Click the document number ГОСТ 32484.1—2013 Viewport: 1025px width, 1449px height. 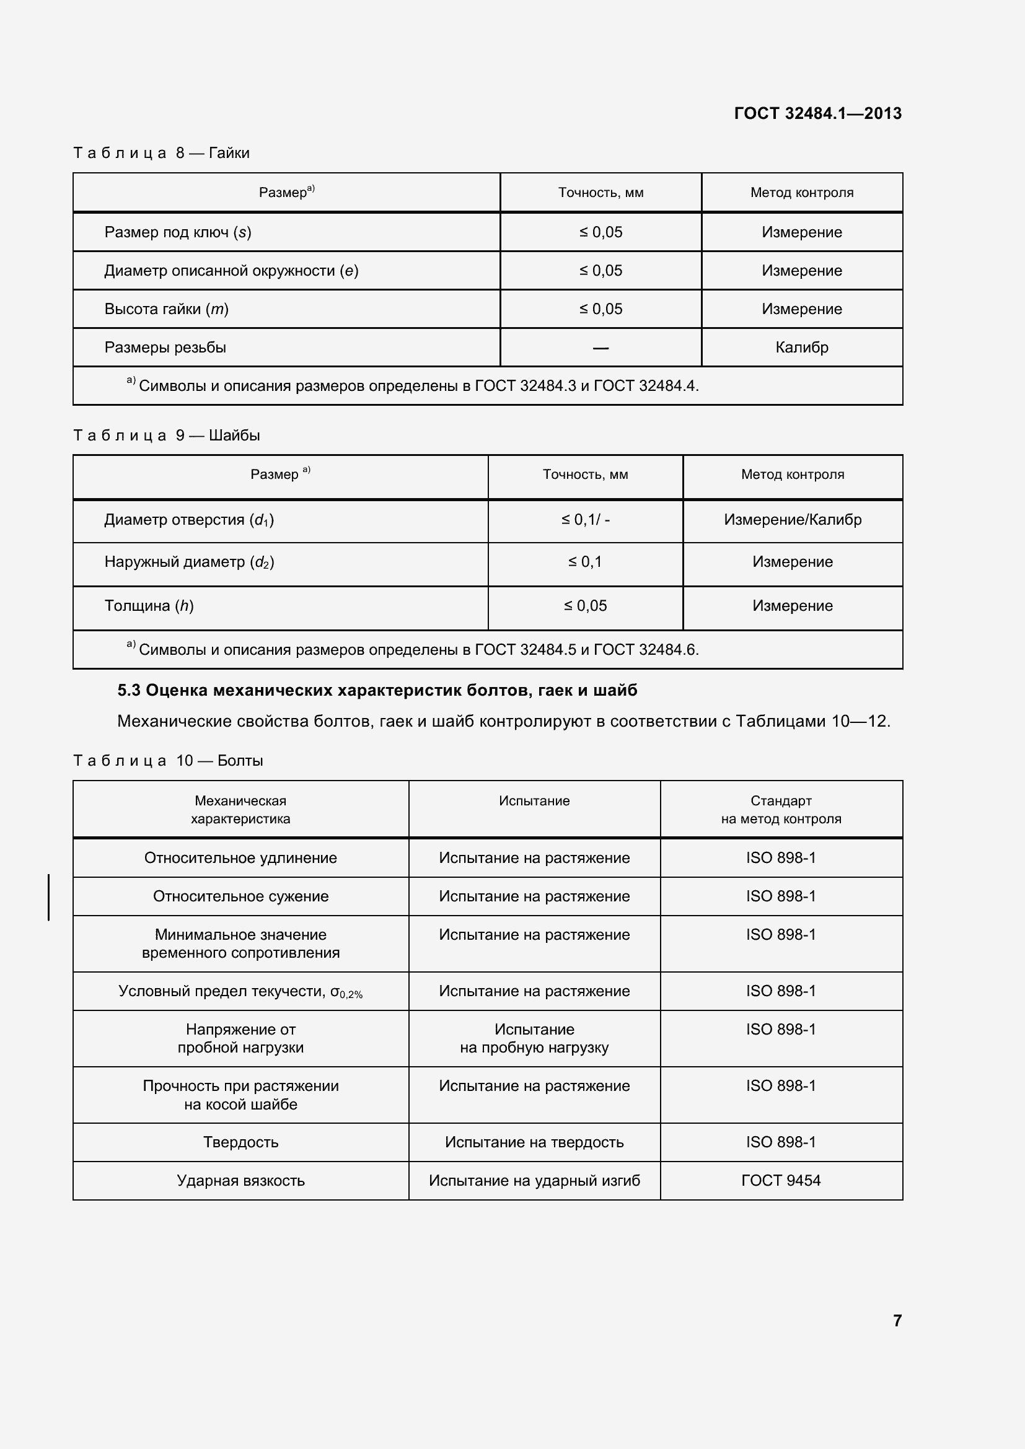pyautogui.click(x=817, y=113)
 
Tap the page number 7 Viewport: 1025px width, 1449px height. pyautogui.click(x=897, y=1320)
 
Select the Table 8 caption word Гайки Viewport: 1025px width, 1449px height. pyautogui.click(x=229, y=153)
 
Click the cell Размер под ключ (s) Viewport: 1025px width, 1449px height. pyautogui.click(x=177, y=232)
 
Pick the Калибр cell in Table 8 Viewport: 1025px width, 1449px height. pyautogui.click(x=801, y=347)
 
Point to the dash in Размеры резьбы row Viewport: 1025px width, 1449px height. pyautogui.click(x=600, y=348)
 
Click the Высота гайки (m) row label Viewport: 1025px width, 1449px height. pyautogui.click(x=166, y=309)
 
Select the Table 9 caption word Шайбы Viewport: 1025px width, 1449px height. pyautogui.click(x=234, y=436)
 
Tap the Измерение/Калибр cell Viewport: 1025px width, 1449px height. pyautogui.click(x=792, y=519)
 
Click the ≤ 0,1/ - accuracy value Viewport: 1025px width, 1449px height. pyautogui.click(x=585, y=519)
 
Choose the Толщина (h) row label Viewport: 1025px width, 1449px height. pyautogui.click(x=149, y=605)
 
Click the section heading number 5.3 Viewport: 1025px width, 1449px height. pyautogui.click(x=129, y=690)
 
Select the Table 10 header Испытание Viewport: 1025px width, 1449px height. pyautogui.click(x=534, y=801)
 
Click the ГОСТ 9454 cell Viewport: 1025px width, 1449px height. pyautogui.click(x=780, y=1180)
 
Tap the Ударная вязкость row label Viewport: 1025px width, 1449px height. pyautogui.click(x=240, y=1180)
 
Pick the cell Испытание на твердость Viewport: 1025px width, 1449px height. pyautogui.click(x=534, y=1142)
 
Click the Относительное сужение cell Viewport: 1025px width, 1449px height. pyautogui.click(x=240, y=896)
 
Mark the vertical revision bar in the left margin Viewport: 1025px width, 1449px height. pyautogui.click(x=48, y=897)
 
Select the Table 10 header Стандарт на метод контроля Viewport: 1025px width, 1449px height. pyautogui.click(x=780, y=810)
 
